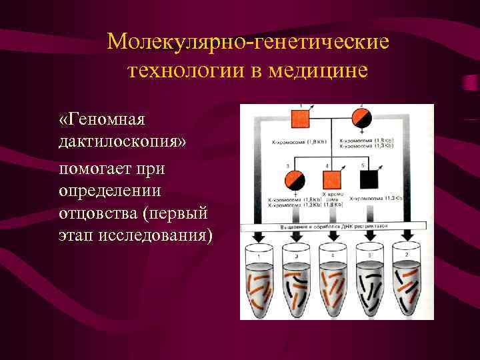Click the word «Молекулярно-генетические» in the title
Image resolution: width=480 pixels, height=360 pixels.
tap(247, 42)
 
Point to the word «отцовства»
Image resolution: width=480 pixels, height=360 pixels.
tap(103, 215)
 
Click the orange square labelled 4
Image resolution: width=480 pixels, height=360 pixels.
tap(332, 181)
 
